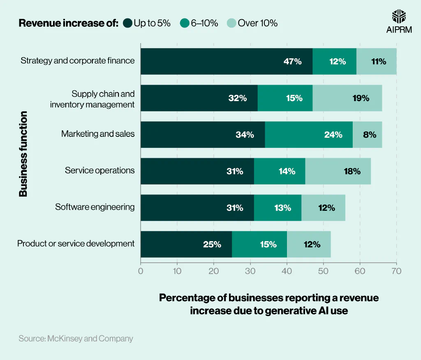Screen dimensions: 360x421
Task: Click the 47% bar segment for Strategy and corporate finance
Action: point(227,62)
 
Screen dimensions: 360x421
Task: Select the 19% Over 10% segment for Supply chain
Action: point(347,98)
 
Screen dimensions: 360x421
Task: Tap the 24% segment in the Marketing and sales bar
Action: point(309,135)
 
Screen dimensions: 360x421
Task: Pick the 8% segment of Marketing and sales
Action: point(367,135)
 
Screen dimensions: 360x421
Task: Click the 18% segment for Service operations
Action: point(338,171)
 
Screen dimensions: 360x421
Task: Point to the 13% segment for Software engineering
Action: point(278,208)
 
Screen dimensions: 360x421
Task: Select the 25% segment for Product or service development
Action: point(186,245)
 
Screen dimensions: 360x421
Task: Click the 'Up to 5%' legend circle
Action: point(127,23)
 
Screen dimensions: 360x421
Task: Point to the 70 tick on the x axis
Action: point(396,271)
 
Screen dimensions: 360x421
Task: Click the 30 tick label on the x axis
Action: point(250,271)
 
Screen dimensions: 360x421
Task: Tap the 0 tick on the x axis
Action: point(141,271)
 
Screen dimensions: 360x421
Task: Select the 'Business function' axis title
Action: point(23,153)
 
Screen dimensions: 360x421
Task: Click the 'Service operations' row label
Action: point(99,170)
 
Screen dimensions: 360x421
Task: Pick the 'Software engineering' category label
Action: point(95,207)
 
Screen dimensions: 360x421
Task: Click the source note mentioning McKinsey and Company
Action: point(76,339)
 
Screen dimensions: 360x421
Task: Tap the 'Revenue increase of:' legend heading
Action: point(69,23)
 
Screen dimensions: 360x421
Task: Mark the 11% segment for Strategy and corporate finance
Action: point(376,62)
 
